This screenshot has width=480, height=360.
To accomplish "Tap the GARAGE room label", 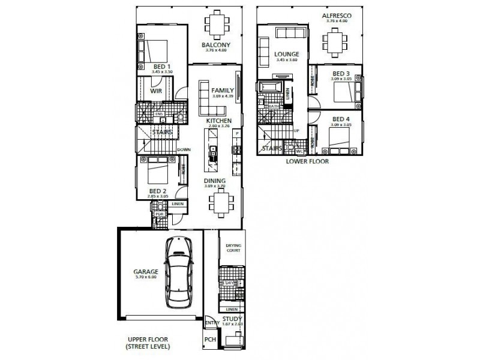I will [x=146, y=271].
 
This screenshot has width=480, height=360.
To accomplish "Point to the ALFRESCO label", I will [x=336, y=15].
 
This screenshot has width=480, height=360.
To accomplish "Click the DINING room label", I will [x=214, y=180].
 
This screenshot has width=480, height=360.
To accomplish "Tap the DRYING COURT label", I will [x=233, y=248].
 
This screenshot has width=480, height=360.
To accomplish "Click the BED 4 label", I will [x=341, y=119].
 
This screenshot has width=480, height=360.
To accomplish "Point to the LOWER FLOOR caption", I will [x=307, y=161].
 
